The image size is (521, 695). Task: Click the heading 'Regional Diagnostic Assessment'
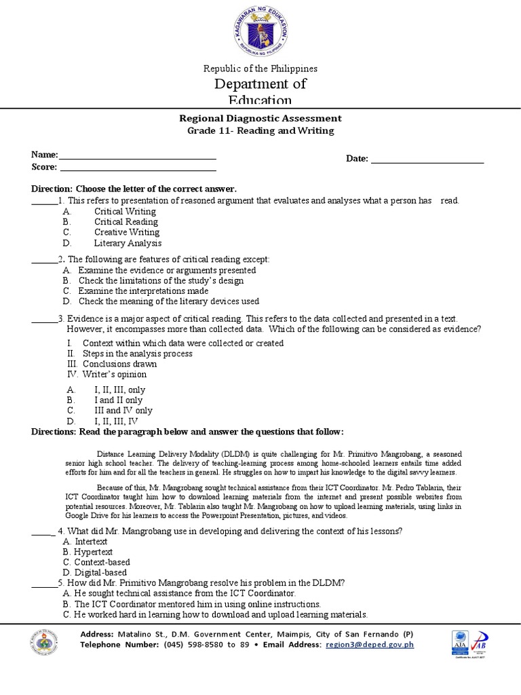click(x=260, y=118)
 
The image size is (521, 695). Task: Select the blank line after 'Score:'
click(x=138, y=169)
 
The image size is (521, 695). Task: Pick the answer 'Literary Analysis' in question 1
click(x=128, y=243)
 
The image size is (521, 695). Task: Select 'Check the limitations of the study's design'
click(x=161, y=280)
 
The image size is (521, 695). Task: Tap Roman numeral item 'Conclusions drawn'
click(x=119, y=364)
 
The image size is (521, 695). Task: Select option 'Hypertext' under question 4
click(x=93, y=552)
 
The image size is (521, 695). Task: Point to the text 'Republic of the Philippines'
click(x=260, y=69)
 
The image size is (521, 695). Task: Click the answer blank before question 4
click(x=43, y=532)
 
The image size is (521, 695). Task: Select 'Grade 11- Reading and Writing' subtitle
click(x=260, y=130)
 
